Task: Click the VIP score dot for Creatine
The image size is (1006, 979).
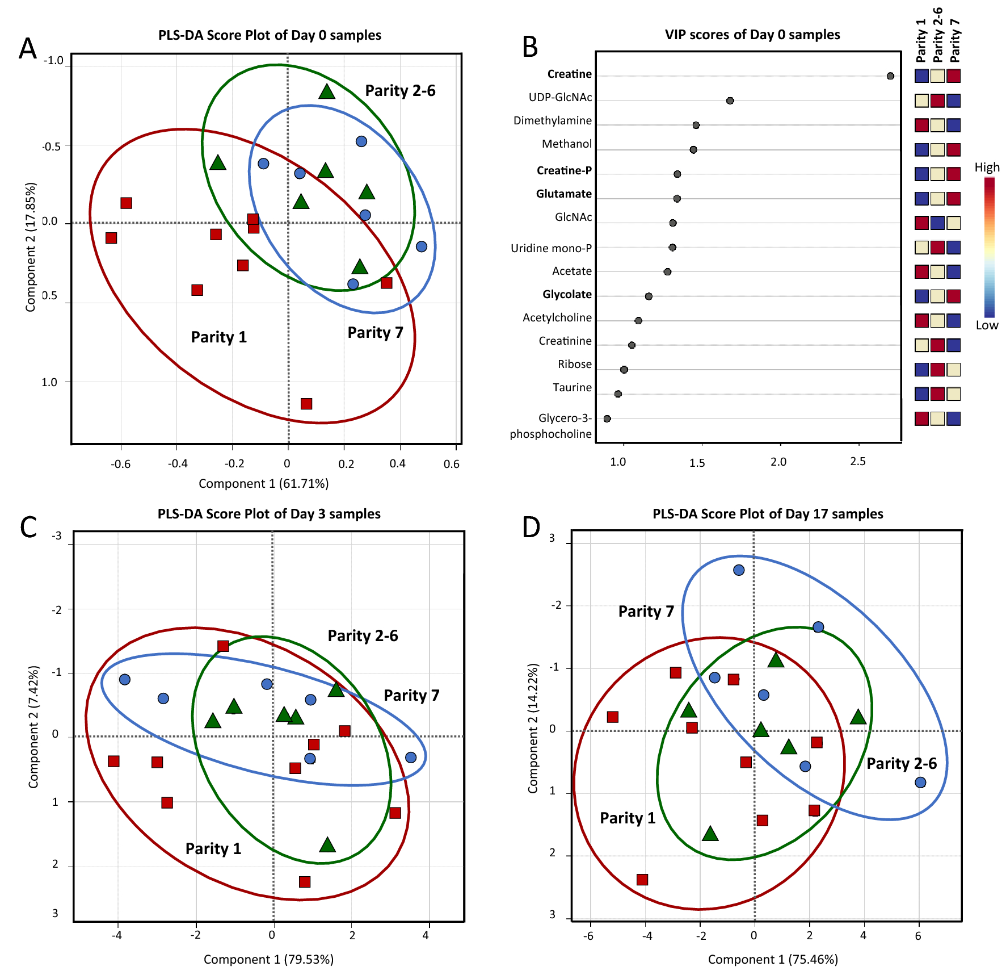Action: [x=890, y=76]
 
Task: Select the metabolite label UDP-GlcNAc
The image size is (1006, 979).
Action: [x=560, y=98]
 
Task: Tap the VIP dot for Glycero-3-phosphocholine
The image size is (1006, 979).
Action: [x=607, y=419]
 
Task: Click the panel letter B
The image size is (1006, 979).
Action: [x=529, y=47]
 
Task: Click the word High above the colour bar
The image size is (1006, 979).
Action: [x=987, y=168]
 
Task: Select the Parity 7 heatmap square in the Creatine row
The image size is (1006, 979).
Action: [x=953, y=76]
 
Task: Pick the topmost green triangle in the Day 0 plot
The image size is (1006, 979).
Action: [x=326, y=91]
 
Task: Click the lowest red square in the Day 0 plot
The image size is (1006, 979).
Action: [x=306, y=404]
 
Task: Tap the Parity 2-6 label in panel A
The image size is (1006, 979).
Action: [x=400, y=91]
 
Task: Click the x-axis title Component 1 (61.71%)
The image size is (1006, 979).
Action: [x=263, y=484]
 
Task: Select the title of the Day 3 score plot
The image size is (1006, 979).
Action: [x=269, y=514]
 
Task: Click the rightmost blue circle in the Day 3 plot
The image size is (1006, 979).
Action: [x=411, y=757]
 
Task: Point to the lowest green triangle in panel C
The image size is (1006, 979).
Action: [x=327, y=845]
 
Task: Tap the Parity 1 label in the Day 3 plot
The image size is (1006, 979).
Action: [x=213, y=848]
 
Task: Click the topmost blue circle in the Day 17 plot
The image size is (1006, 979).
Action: [x=738, y=570]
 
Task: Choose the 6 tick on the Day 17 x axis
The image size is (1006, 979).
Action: [x=918, y=936]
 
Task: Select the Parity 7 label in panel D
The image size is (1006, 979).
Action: [x=646, y=612]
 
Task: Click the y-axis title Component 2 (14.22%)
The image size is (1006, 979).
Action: [x=532, y=728]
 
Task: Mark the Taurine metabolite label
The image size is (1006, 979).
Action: [x=572, y=388]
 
